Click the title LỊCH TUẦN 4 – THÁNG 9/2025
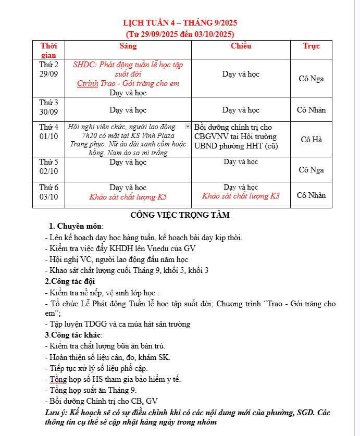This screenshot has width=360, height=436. pos(180,23)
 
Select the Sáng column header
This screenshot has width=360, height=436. pos(128,46)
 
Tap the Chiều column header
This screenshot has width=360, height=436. pos(241,46)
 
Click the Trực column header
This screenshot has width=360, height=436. pos(311,46)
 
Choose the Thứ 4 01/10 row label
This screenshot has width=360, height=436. pos(49,132)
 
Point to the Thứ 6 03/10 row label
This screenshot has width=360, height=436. pos(49,192)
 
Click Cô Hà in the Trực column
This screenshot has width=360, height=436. pos(311,140)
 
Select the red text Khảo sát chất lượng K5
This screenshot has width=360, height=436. pos(128,197)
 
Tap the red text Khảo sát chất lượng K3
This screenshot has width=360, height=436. pos(241,196)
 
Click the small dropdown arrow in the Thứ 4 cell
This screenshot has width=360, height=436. pos(188,127)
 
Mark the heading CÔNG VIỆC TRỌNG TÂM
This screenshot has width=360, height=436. pos(180,215)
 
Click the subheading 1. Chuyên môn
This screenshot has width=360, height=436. pos(76,226)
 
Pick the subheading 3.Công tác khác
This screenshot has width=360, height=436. pos(73,334)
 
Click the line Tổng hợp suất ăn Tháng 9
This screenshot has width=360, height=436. pos(92,390)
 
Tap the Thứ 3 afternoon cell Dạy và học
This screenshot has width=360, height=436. pos(241,110)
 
